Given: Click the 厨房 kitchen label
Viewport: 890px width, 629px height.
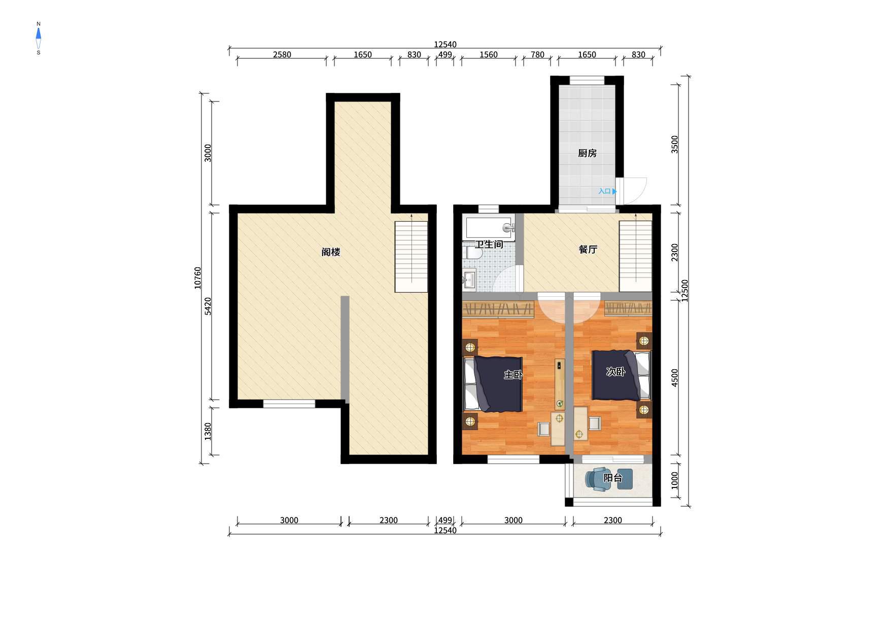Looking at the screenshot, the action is point(587,153).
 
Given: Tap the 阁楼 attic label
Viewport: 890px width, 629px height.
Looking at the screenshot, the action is point(331,252).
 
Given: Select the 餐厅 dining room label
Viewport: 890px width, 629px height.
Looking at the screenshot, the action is point(588,250).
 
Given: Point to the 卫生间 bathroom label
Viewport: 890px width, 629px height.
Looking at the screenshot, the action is point(489,244).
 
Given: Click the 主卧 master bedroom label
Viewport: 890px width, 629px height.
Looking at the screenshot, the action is point(513,375).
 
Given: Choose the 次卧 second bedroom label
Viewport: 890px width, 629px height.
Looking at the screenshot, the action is point(615,372).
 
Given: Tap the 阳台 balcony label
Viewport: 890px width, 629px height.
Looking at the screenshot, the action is point(612,478).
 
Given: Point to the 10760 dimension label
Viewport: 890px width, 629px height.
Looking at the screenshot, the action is point(198,278).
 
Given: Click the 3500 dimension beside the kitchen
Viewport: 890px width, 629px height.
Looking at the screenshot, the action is point(674,144).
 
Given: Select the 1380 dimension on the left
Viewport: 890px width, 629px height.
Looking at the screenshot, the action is point(208,432).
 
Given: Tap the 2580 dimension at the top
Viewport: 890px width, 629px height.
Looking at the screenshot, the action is point(282,55).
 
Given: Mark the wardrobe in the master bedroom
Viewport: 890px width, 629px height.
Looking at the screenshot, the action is point(498,308).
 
